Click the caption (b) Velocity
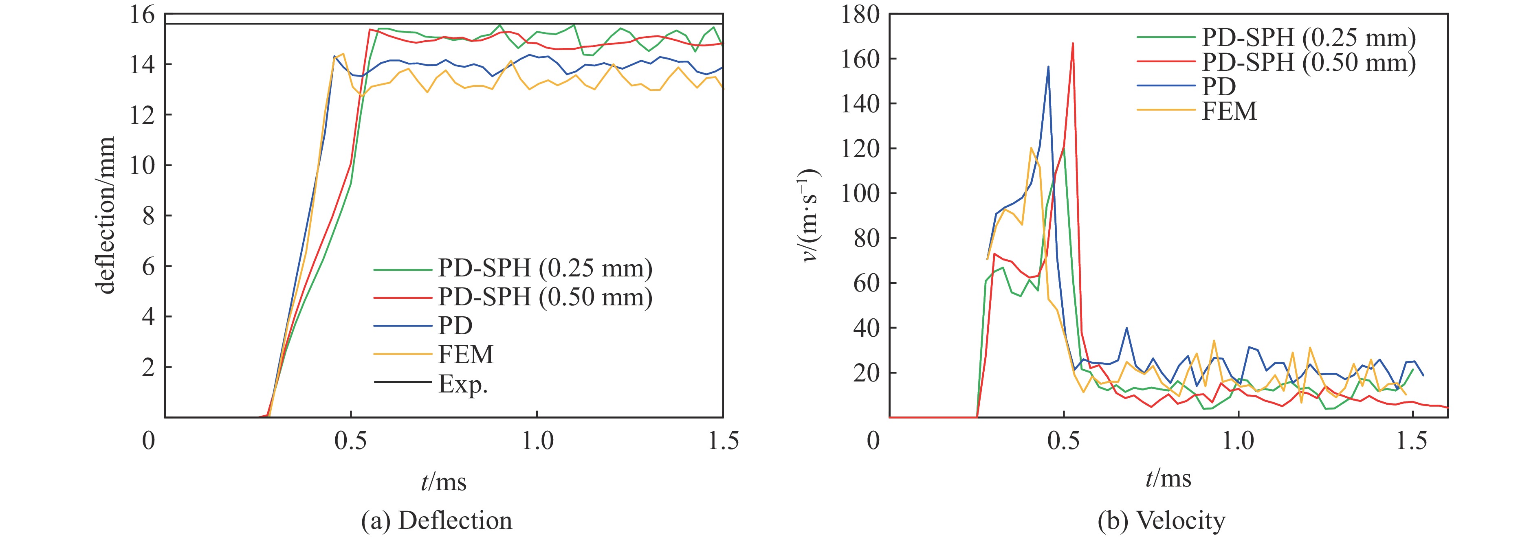click(1161, 521)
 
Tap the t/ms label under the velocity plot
click(1168, 478)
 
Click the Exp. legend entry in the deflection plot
click(463, 384)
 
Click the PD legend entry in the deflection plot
click(455, 326)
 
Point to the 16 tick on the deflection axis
click(142, 14)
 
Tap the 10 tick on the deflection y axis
click(142, 165)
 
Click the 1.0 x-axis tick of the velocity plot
click(1238, 441)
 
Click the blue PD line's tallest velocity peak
click(1048, 67)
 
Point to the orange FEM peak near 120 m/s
click(1031, 148)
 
